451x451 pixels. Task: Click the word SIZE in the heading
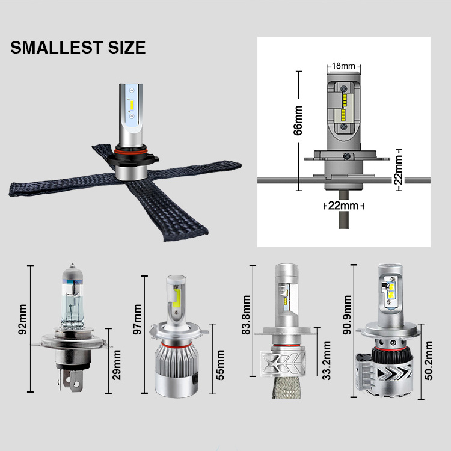click(127, 47)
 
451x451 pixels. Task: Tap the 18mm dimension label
click(343, 66)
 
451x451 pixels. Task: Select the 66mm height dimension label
click(298, 120)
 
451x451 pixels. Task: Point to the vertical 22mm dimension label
click(398, 170)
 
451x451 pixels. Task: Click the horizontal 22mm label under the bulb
click(343, 206)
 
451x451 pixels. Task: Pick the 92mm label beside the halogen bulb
click(22, 319)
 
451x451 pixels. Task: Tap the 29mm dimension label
click(117, 365)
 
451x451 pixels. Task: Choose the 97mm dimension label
click(138, 319)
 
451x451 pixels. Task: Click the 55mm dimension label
click(220, 365)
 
